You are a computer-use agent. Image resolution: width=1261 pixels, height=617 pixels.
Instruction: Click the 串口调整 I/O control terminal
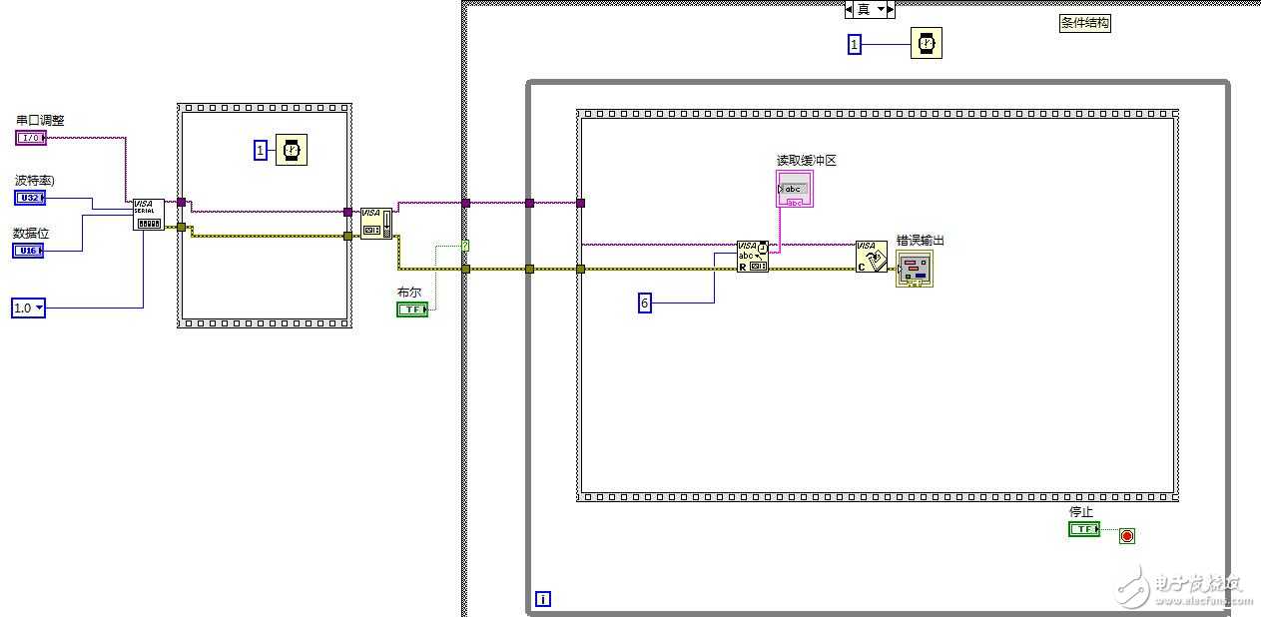pyautogui.click(x=31, y=138)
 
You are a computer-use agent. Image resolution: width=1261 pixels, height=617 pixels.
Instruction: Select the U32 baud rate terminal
pyautogui.click(x=30, y=198)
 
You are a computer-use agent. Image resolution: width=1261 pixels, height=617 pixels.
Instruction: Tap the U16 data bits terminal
pyautogui.click(x=28, y=251)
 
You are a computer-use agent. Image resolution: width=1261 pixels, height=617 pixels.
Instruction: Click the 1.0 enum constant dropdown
pyautogui.click(x=28, y=308)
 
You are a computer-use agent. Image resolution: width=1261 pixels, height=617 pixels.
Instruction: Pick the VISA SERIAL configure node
pyautogui.click(x=149, y=214)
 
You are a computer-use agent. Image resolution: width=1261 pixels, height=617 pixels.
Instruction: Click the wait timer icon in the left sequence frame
pyautogui.click(x=293, y=150)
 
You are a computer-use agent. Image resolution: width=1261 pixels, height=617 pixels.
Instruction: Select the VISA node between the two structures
pyautogui.click(x=376, y=223)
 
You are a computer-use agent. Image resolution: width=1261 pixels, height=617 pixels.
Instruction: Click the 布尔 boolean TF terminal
pyautogui.click(x=412, y=309)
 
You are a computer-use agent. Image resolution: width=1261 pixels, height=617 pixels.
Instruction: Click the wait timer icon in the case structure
pyautogui.click(x=926, y=44)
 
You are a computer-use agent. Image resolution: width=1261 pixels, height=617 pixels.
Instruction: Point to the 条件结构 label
pyautogui.click(x=1084, y=23)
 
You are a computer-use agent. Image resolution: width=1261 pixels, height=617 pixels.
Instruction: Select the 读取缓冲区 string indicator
pyautogui.click(x=795, y=189)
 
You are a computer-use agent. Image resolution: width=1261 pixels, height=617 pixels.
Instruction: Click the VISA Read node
pyautogui.click(x=753, y=257)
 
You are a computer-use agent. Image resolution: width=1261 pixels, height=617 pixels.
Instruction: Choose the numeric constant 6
pyautogui.click(x=645, y=303)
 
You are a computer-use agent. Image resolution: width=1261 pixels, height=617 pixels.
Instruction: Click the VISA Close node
pyautogui.click(x=871, y=257)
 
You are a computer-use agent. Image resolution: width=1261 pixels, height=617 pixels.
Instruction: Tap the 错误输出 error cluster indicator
pyautogui.click(x=915, y=269)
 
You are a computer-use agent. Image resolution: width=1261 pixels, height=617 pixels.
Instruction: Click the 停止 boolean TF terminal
pyautogui.click(x=1083, y=529)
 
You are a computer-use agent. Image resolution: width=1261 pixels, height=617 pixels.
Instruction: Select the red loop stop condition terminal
pyautogui.click(x=1127, y=536)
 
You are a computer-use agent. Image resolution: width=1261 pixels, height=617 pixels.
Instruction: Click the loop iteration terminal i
pyautogui.click(x=543, y=599)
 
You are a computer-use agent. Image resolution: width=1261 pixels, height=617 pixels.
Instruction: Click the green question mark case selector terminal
pyautogui.click(x=465, y=246)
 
